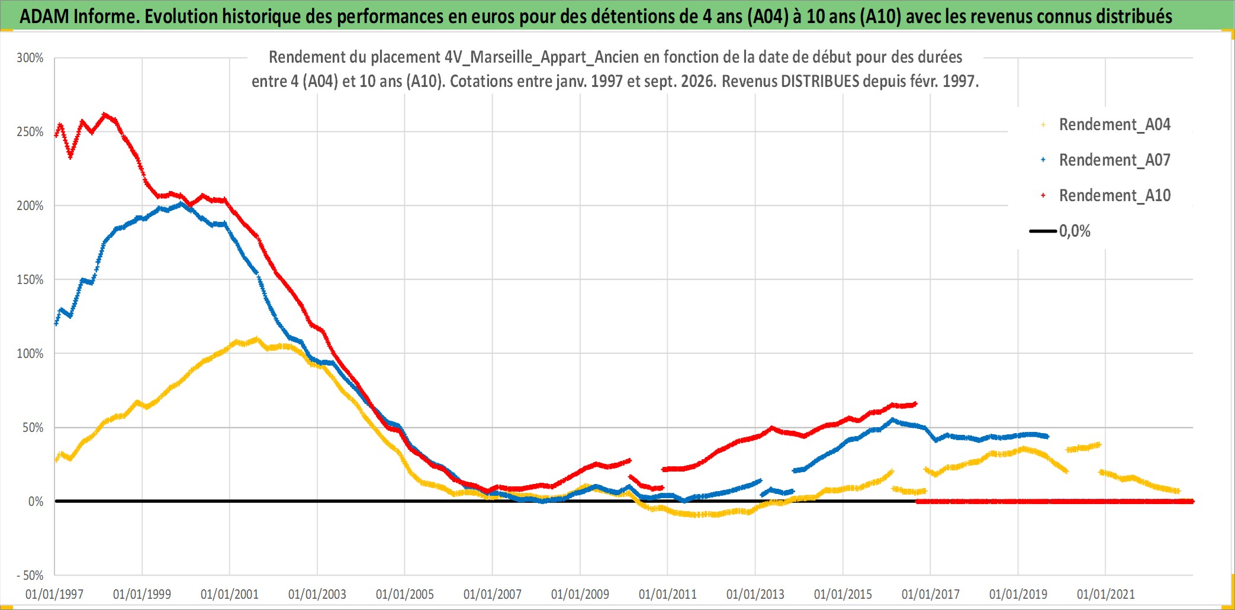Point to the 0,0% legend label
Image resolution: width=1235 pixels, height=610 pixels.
pyautogui.click(x=1075, y=231)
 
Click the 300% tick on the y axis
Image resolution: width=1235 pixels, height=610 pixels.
pyautogui.click(x=30, y=58)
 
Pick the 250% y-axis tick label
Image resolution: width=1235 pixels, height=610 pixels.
pyautogui.click(x=30, y=132)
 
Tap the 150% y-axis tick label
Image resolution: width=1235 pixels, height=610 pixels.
pyautogui.click(x=30, y=280)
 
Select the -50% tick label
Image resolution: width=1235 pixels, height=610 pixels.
pyautogui.click(x=30, y=575)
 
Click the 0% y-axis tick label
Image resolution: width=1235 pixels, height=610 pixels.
pyautogui.click(x=36, y=502)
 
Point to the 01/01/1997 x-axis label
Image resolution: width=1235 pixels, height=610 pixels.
pyautogui.click(x=54, y=594)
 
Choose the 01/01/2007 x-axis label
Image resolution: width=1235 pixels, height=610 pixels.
pyautogui.click(x=493, y=594)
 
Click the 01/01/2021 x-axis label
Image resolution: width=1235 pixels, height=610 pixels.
pyautogui.click(x=1106, y=594)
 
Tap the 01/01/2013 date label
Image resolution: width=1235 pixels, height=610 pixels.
pyautogui.click(x=755, y=594)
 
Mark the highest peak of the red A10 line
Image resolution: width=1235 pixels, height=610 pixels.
pyautogui.click(x=105, y=114)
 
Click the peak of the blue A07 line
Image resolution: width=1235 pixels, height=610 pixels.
pyautogui.click(x=181, y=204)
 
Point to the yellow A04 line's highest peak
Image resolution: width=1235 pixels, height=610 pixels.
pyautogui.click(x=256, y=339)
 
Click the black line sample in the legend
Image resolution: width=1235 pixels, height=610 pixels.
pyautogui.click(x=1043, y=231)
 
